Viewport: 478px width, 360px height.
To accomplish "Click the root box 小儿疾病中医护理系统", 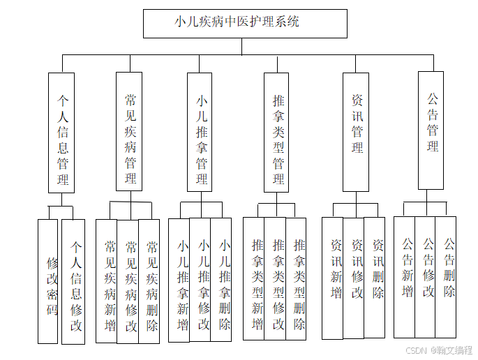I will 244,23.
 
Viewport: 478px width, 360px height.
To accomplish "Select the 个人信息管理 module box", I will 61,132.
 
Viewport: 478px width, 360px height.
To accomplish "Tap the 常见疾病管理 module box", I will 130,131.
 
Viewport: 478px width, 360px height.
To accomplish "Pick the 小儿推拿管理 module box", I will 200,132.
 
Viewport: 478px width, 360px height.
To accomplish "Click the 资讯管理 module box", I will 356,131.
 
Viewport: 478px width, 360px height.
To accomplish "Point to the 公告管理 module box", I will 431,130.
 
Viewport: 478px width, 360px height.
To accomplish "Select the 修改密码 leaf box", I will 48,281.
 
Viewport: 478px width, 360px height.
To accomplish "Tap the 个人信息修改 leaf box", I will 73,281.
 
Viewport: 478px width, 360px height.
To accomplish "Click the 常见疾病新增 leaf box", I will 107,280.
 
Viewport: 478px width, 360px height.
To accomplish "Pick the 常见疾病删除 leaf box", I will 149,280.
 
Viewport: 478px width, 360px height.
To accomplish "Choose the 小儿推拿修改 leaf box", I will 200,280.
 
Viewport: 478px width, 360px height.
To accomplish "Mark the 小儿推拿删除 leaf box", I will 221,280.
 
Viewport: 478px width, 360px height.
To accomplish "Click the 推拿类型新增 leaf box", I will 254,278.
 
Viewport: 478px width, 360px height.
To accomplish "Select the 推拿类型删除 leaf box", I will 296,278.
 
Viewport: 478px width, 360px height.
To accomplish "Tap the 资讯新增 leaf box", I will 333,278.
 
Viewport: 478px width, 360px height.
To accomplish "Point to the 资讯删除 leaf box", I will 375,277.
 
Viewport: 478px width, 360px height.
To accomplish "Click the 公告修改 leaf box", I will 425,276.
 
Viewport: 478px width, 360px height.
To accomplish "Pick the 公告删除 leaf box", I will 446,276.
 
